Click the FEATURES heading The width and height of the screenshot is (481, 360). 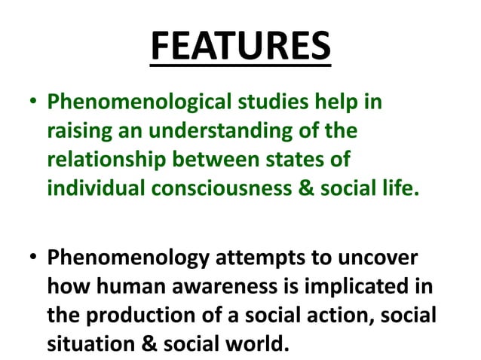click(x=240, y=47)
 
